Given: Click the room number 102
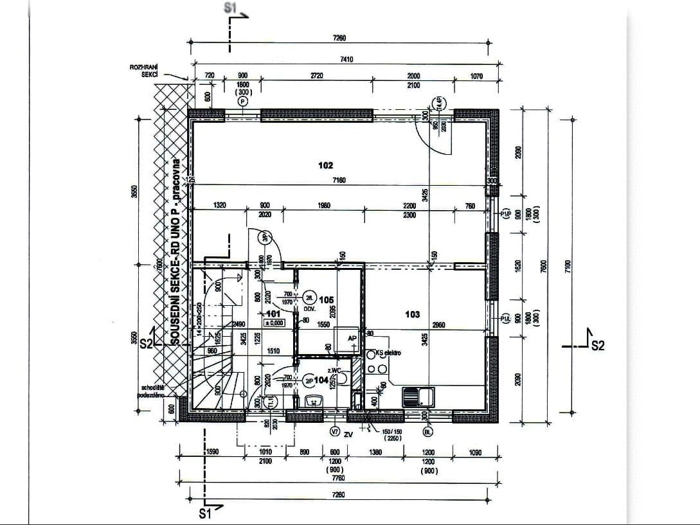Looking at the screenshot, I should tap(326, 166).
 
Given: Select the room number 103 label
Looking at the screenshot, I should tap(413, 314).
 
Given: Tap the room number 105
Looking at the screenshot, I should tap(326, 299).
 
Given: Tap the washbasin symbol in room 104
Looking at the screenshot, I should tap(313, 402).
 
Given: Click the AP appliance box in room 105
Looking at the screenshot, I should tap(352, 341).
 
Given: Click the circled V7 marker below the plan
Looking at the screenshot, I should tap(334, 432).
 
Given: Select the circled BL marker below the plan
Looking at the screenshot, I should tap(427, 432).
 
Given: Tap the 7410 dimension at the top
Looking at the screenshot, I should tap(346, 59).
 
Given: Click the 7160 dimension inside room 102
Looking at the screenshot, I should tap(339, 181).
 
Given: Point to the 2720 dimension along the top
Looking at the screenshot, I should tap(317, 76).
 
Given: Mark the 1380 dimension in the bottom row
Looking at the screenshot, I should tap(375, 452).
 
